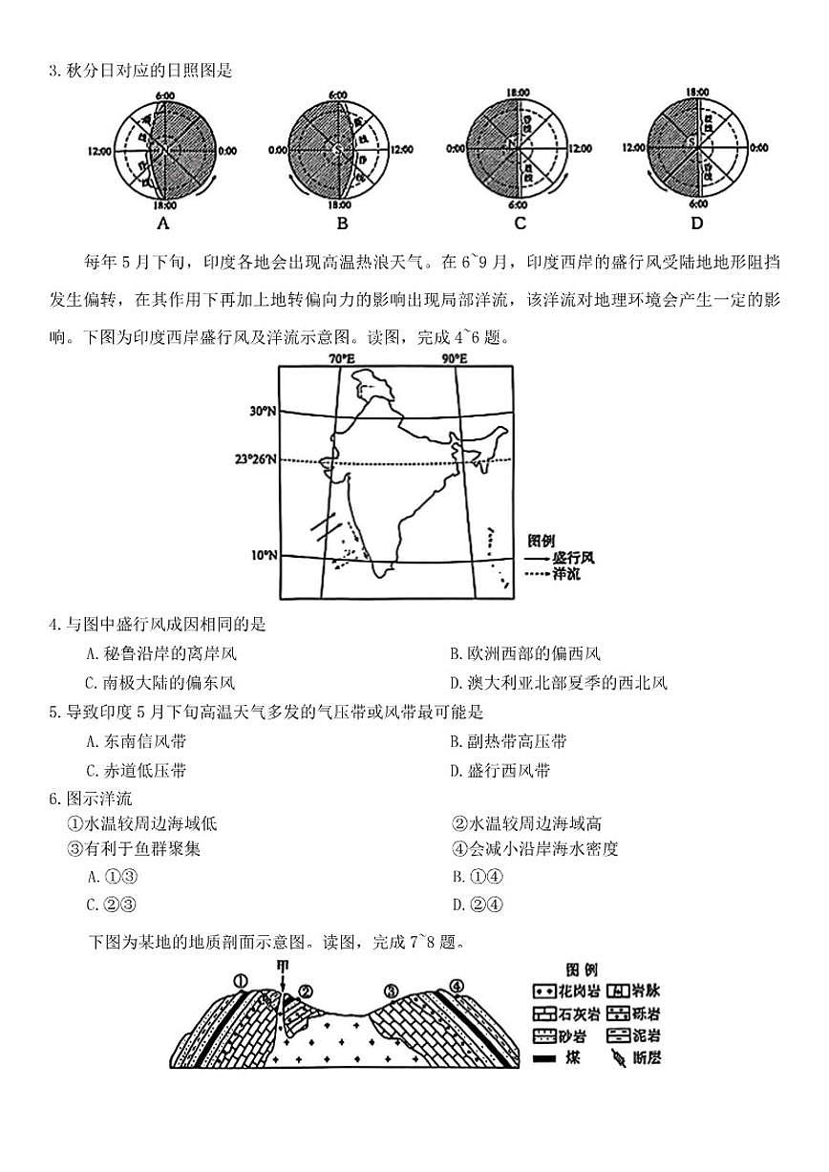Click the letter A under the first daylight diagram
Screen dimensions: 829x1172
[163, 224]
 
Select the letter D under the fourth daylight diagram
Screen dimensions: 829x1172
[696, 224]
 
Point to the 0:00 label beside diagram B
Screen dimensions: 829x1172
[278, 150]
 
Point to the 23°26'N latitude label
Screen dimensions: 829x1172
[256, 458]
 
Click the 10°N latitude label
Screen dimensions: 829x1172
[264, 555]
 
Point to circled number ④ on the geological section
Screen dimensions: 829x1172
[457, 986]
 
